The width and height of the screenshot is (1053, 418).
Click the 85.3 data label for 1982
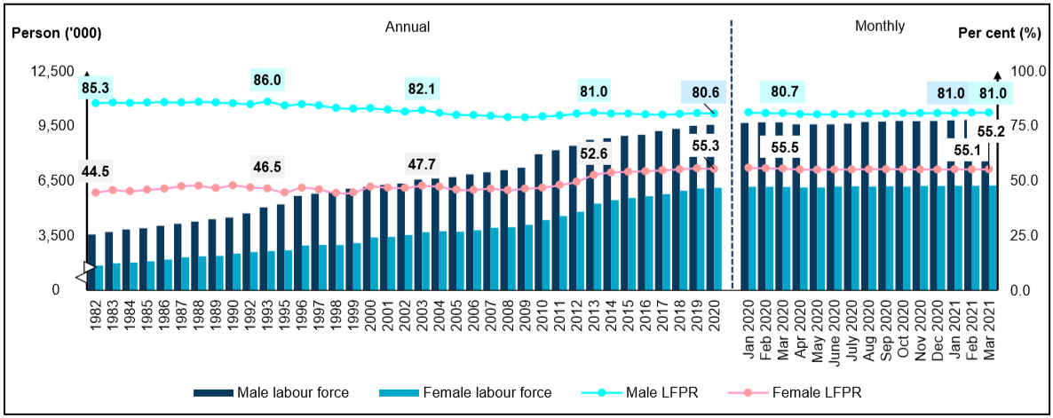[x=95, y=88]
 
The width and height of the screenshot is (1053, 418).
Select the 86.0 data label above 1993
[x=266, y=80]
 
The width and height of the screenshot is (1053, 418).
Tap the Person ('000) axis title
[x=56, y=34]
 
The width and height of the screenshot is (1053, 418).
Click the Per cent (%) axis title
[x=999, y=34]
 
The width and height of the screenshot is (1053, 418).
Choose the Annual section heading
[x=407, y=27]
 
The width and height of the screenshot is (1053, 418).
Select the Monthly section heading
[x=880, y=27]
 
